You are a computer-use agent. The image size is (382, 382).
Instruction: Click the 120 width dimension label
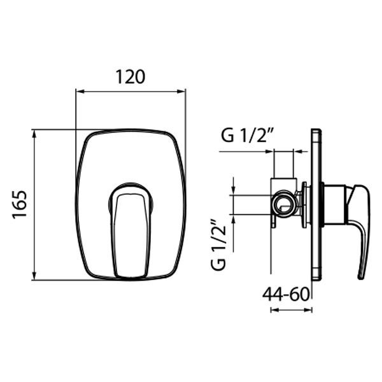(131, 77)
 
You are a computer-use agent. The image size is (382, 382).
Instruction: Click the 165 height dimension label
(19, 204)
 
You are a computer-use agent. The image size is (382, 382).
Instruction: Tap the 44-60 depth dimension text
(286, 294)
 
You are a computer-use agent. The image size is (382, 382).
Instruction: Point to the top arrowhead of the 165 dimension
(34, 134)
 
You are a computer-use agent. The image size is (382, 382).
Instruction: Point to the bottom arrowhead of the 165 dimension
(34, 276)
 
